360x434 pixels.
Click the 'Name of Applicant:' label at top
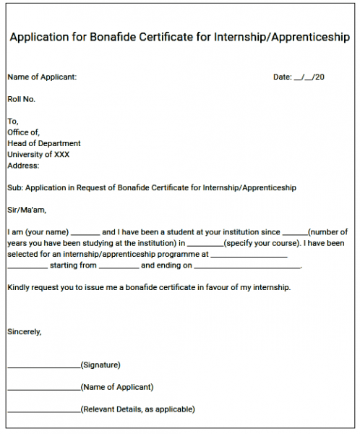tap(42, 77)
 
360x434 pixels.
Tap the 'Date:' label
tap(282, 77)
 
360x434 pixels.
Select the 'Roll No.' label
tap(21, 99)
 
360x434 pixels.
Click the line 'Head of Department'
tap(44, 143)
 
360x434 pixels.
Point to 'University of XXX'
tap(38, 154)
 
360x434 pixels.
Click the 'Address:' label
tap(23, 166)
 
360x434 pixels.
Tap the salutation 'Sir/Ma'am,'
tap(26, 210)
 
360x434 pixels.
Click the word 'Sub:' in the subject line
tap(14, 188)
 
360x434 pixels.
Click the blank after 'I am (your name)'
tap(86, 233)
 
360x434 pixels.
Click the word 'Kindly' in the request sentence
tap(19, 288)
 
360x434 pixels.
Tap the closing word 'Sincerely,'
tap(25, 332)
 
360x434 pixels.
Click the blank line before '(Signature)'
tap(43, 366)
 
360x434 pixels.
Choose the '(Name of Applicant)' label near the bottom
tap(117, 387)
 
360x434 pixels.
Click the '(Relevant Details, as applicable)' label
tap(137, 409)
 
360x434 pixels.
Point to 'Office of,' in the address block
tap(24, 132)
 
